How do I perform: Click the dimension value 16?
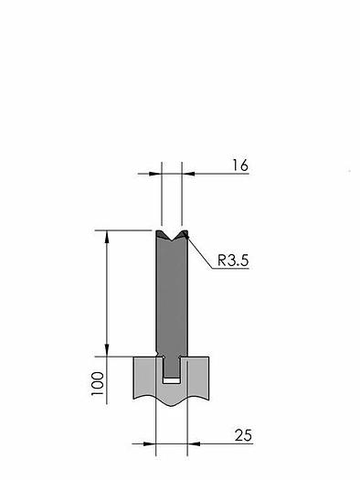pos(240,165)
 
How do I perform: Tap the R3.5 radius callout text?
pos(233,261)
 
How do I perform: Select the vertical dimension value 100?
pos(98,384)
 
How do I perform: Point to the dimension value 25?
pos(243,435)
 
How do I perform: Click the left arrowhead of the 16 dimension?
pos(155,174)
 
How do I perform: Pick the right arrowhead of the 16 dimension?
pos(188,174)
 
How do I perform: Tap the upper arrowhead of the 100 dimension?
pos(107,237)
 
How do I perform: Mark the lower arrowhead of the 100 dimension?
pos(107,350)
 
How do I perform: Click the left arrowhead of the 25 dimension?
pos(150,443)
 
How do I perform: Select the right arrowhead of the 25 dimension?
pos(194,443)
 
